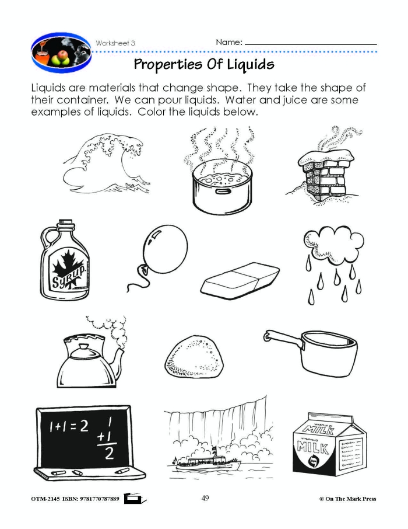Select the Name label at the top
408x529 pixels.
[229, 43]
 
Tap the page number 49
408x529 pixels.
[205, 498]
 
